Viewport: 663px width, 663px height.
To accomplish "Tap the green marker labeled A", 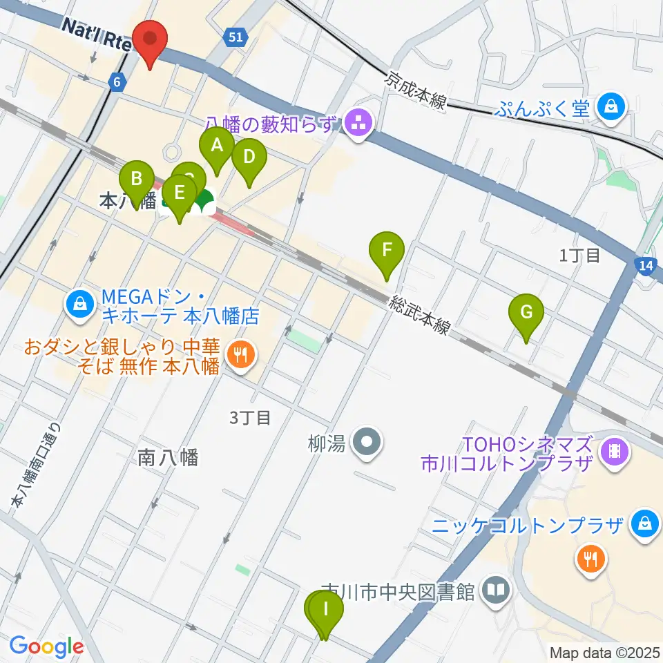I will click(x=217, y=146).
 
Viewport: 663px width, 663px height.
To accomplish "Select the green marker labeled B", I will click(x=137, y=180).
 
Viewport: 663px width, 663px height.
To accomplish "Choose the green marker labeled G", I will click(x=526, y=314).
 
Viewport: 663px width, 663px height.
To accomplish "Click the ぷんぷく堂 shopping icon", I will click(x=611, y=106).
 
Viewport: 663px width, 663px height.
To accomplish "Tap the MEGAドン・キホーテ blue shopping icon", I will click(x=81, y=303).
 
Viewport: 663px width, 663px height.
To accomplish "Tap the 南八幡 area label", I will click(x=168, y=457).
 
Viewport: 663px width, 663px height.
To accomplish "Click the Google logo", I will click(x=46, y=647).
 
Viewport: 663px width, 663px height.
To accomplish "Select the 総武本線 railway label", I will click(x=419, y=314).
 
